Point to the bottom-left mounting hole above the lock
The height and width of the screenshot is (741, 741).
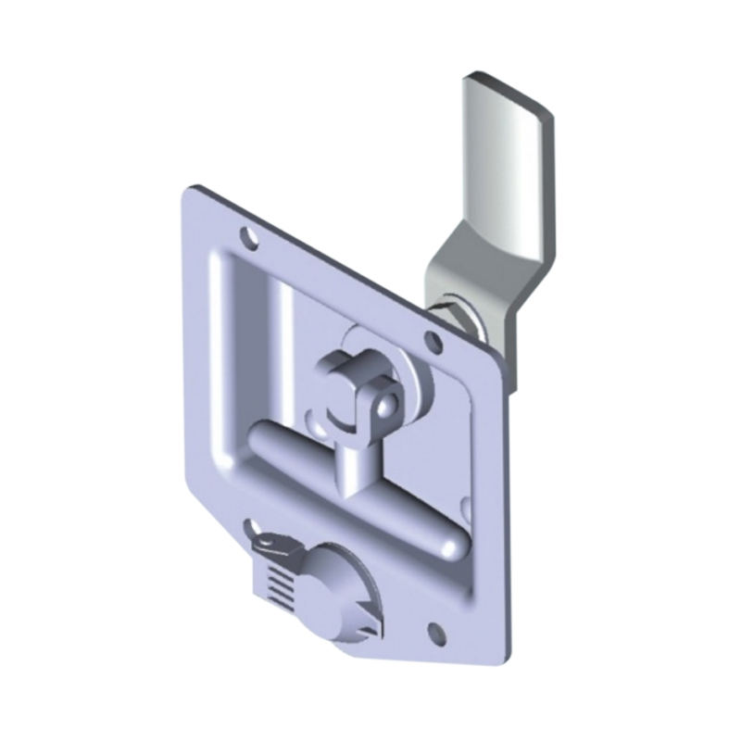[x=253, y=528]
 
